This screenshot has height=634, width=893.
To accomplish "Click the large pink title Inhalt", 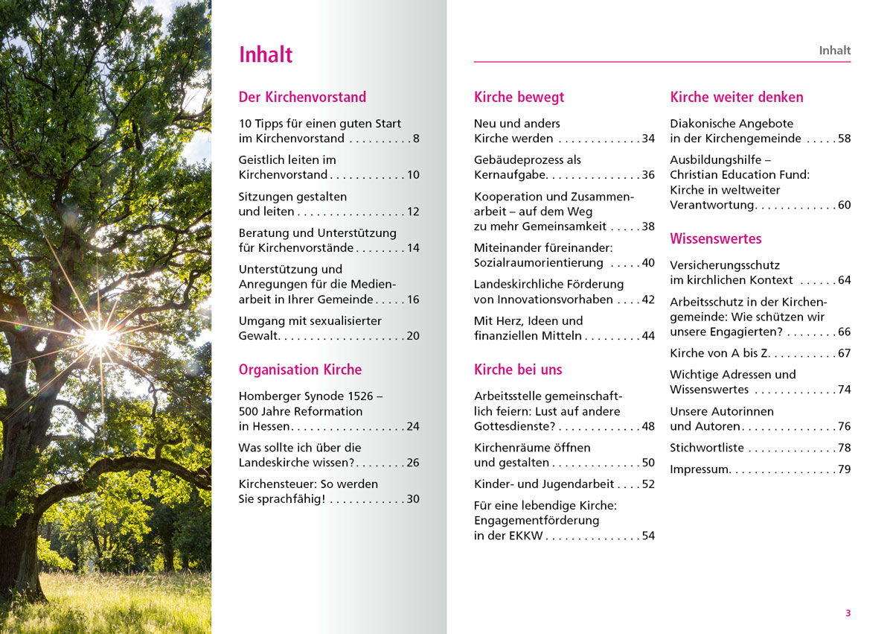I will tap(266, 55).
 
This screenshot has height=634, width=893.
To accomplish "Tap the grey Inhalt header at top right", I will tap(834, 51).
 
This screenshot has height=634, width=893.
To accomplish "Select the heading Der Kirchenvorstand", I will tap(302, 97).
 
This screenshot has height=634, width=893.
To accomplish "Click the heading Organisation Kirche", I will tap(300, 370).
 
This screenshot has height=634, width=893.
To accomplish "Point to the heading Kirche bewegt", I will tap(519, 97).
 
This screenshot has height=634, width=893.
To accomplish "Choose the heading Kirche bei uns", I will tap(518, 370).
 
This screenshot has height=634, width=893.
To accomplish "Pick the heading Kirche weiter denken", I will tap(737, 97).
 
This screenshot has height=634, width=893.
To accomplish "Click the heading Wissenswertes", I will tap(716, 239).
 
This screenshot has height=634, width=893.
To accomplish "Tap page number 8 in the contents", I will tap(416, 139).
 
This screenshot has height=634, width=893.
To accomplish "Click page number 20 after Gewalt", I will tap(412, 336).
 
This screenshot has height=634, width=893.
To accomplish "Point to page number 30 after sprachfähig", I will tap(412, 499).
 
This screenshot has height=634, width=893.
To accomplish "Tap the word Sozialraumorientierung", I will tap(539, 263).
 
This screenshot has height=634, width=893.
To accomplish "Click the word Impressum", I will tap(700, 469).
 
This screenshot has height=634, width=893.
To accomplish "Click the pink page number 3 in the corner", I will tap(848, 613).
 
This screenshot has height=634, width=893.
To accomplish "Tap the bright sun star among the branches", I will tap(99, 337).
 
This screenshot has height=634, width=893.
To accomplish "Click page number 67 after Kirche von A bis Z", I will tap(844, 353).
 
